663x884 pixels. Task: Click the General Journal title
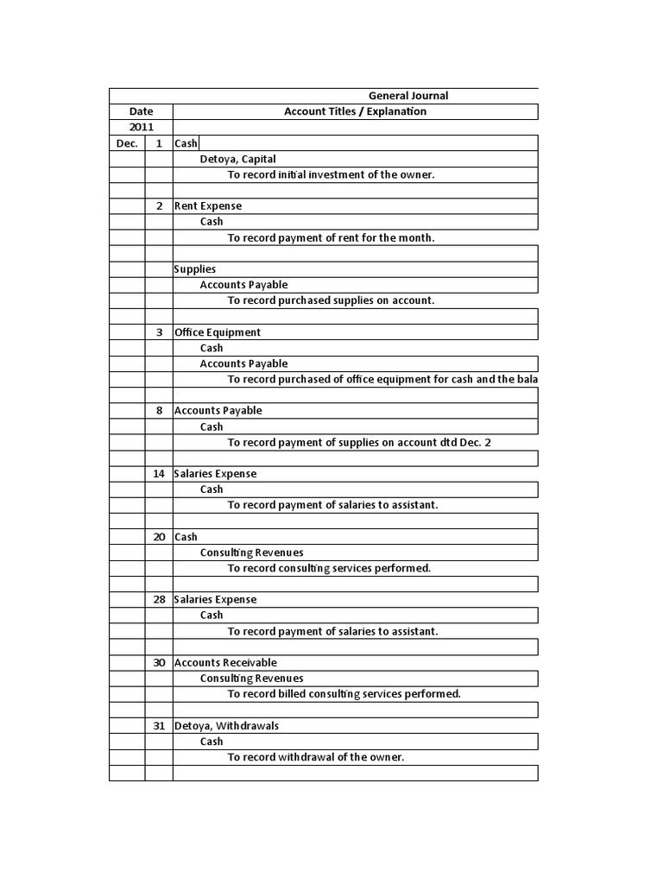pos(408,96)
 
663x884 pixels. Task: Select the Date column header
pos(141,111)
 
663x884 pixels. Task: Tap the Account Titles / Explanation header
pos(355,111)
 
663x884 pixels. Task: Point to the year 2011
pos(141,127)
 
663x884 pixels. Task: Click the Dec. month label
pos(127,143)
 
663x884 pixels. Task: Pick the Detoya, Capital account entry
pos(237,159)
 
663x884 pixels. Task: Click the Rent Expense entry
pos(208,206)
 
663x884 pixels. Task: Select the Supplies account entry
pos(195,269)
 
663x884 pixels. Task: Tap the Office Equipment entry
pos(218,332)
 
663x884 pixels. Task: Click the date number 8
pos(159,411)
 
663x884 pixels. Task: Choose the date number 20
pos(159,537)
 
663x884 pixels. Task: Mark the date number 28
pos(159,600)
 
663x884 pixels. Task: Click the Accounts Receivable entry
pos(225,663)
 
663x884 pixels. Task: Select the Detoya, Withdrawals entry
pos(226,726)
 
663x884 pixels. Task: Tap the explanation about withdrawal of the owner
pos(316,757)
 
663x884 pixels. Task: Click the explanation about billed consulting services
pos(344,694)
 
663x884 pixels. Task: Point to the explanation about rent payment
pos(331,237)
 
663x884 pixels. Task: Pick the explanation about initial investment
pos(331,174)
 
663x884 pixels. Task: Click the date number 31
pos(159,726)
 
